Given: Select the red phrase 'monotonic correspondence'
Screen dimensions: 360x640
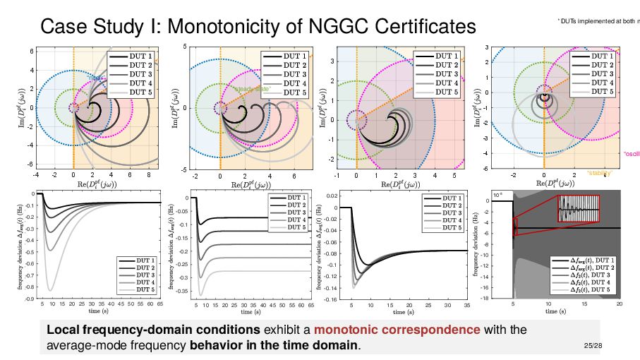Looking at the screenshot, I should pyautogui.click(x=397, y=330).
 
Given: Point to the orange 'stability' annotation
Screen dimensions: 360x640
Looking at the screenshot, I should pyautogui.click(x=599, y=173).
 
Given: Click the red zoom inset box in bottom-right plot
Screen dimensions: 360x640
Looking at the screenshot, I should pyautogui.click(x=579, y=209).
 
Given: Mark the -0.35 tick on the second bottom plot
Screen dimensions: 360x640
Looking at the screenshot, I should pyautogui.click(x=180, y=290).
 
